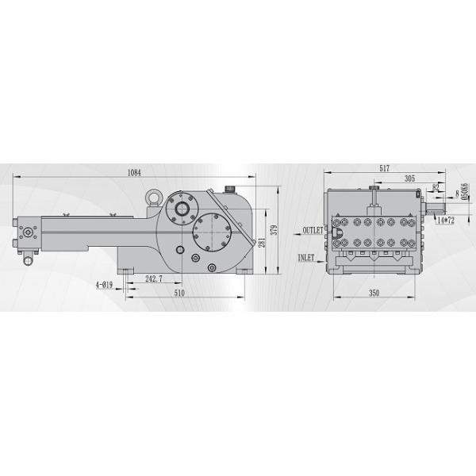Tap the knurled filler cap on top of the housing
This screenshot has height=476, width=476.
(230, 189)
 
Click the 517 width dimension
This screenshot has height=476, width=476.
(384, 169)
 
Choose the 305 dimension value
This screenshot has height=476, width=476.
(409, 179)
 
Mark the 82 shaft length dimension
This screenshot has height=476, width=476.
(436, 187)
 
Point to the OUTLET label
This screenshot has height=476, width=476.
(312, 230)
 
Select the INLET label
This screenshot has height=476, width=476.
(307, 258)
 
